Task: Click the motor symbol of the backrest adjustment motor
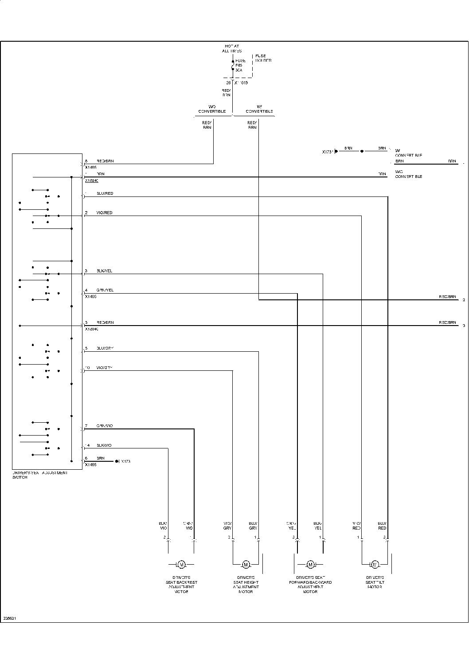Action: click(181, 564)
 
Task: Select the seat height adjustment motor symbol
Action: click(246, 564)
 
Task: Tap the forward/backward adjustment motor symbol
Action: click(310, 564)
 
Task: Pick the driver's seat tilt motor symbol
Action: click(375, 564)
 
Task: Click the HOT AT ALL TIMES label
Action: click(232, 48)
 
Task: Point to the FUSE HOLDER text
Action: click(263, 58)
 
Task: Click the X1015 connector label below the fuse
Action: click(241, 83)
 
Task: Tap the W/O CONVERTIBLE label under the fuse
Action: click(212, 109)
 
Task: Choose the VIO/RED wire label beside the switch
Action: click(105, 213)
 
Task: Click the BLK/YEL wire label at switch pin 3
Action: click(105, 271)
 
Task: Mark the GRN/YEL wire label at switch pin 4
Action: click(105, 290)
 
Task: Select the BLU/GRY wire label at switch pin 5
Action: click(105, 348)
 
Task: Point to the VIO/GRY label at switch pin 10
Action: click(105, 368)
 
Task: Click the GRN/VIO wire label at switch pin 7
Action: click(105, 426)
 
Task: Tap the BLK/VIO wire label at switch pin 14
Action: click(104, 445)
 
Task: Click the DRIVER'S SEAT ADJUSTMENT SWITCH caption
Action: click(40, 475)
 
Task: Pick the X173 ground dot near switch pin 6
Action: click(117, 461)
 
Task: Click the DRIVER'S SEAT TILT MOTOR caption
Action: click(375, 582)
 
